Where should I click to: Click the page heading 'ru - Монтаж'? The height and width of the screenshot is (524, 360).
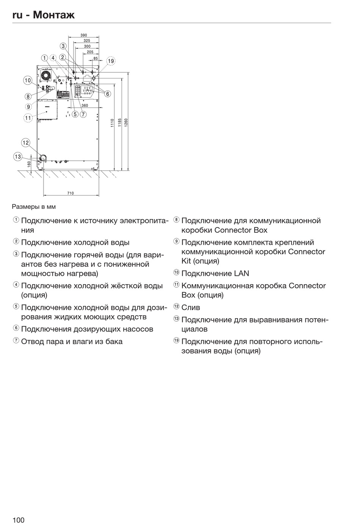[x=43, y=15]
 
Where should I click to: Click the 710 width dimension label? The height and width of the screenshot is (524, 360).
[x=70, y=193]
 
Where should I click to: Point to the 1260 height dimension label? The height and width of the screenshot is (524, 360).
[x=126, y=122]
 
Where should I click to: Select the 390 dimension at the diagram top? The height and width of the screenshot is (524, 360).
[x=84, y=35]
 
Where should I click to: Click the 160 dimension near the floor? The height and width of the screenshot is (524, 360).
[x=29, y=164]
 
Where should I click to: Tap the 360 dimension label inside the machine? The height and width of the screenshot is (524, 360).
[x=85, y=106]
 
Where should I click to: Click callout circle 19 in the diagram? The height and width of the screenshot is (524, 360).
[x=110, y=61]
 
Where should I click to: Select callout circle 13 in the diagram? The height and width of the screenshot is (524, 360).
[x=18, y=156]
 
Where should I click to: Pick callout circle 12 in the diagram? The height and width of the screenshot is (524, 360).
[x=25, y=143]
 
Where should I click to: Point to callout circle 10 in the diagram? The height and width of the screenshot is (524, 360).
[x=28, y=80]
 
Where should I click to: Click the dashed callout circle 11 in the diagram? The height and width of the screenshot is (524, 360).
[x=28, y=118]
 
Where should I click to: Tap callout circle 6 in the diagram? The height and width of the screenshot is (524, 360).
[x=108, y=94]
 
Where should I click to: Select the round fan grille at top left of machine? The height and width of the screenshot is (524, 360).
[x=46, y=75]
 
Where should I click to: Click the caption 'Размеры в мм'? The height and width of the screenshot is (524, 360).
[x=34, y=207]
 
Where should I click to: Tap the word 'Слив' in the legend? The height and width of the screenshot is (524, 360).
[x=191, y=307]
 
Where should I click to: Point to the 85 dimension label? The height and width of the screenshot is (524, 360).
[x=95, y=58]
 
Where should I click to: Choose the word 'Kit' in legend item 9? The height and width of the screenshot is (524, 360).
[x=186, y=261]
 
